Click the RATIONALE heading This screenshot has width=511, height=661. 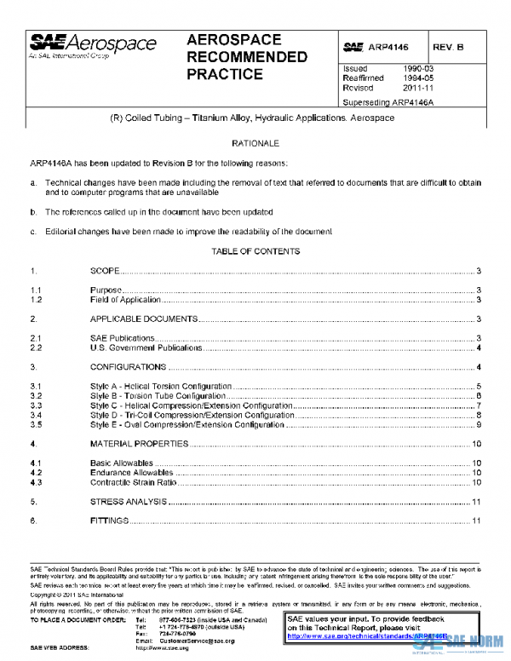pos(255,144)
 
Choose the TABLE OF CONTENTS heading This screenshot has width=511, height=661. pos(255,251)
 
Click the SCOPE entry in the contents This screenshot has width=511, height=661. pos(106,271)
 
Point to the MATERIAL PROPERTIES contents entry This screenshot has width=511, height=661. pos(139,444)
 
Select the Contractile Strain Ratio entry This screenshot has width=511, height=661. pos(133,482)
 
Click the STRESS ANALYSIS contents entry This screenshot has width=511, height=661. pos(128,502)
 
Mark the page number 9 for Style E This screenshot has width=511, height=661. pos(479,424)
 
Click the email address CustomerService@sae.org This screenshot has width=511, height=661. pos(197,641)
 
